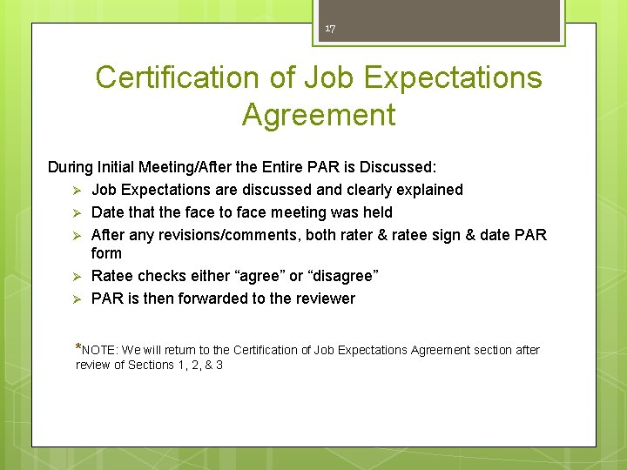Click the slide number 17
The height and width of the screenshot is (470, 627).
330,29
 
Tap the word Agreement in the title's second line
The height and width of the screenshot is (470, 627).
319,115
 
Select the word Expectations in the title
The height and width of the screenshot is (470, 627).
452,77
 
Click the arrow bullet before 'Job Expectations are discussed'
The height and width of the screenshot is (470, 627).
77,190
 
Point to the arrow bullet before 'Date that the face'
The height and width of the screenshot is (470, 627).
77,212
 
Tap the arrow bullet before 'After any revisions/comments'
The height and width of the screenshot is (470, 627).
77,235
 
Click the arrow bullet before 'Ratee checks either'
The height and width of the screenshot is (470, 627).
77,276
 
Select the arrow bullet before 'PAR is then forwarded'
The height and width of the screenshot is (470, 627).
77,299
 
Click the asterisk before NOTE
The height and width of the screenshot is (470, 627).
79,347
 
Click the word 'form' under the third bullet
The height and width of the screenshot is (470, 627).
106,253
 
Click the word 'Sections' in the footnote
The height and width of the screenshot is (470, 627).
151,366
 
